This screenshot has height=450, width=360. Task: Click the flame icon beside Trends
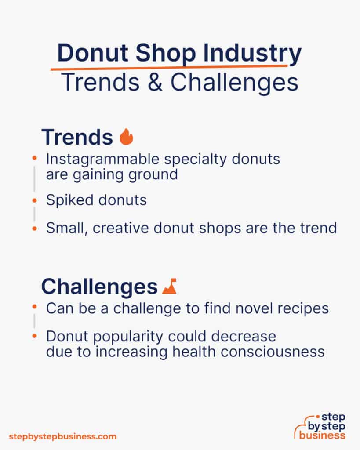point(126,137)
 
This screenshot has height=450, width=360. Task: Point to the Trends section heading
point(77,137)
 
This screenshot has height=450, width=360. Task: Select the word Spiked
point(67,200)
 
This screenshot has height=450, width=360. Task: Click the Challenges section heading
point(99,287)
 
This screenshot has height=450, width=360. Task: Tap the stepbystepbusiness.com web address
point(63,436)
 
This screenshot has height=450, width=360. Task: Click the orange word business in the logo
point(322,435)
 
